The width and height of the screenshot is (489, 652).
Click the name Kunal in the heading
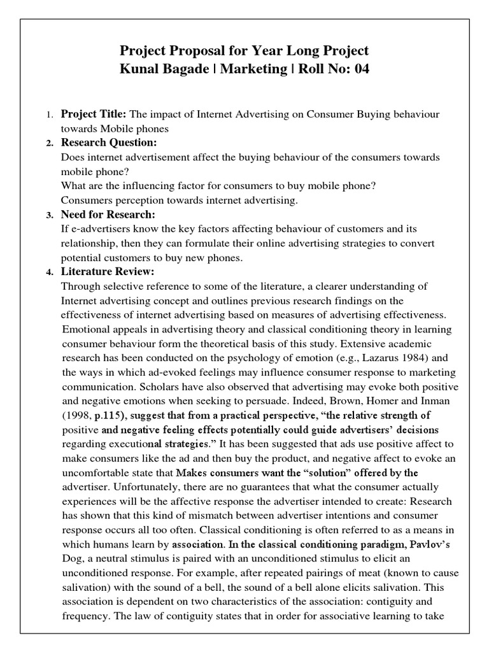pos(139,69)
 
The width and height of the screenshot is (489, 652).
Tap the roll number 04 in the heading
pos(359,69)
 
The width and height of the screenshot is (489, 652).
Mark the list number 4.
pos(49,273)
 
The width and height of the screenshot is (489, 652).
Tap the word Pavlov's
pos(413,544)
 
